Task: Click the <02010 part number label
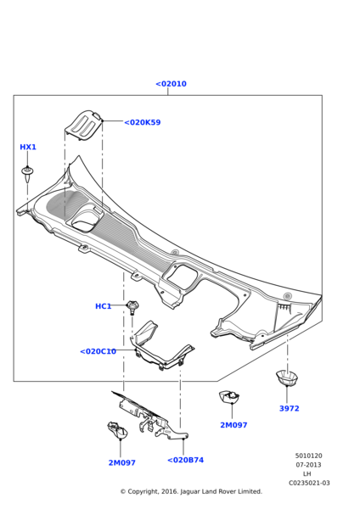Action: pos(171,84)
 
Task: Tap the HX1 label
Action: pos(28,148)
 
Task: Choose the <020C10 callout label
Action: pos(98,351)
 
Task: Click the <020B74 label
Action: pos(185,461)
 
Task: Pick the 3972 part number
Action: pos(289,409)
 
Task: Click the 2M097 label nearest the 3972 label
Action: pos(233,425)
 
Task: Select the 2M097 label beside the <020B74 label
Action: pos(121,463)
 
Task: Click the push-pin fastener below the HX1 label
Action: pos(28,174)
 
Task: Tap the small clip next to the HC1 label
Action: pos(132,306)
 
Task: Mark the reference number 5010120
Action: pos(308,456)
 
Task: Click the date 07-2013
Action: pos(308,465)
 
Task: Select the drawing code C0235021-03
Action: pos(308,484)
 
